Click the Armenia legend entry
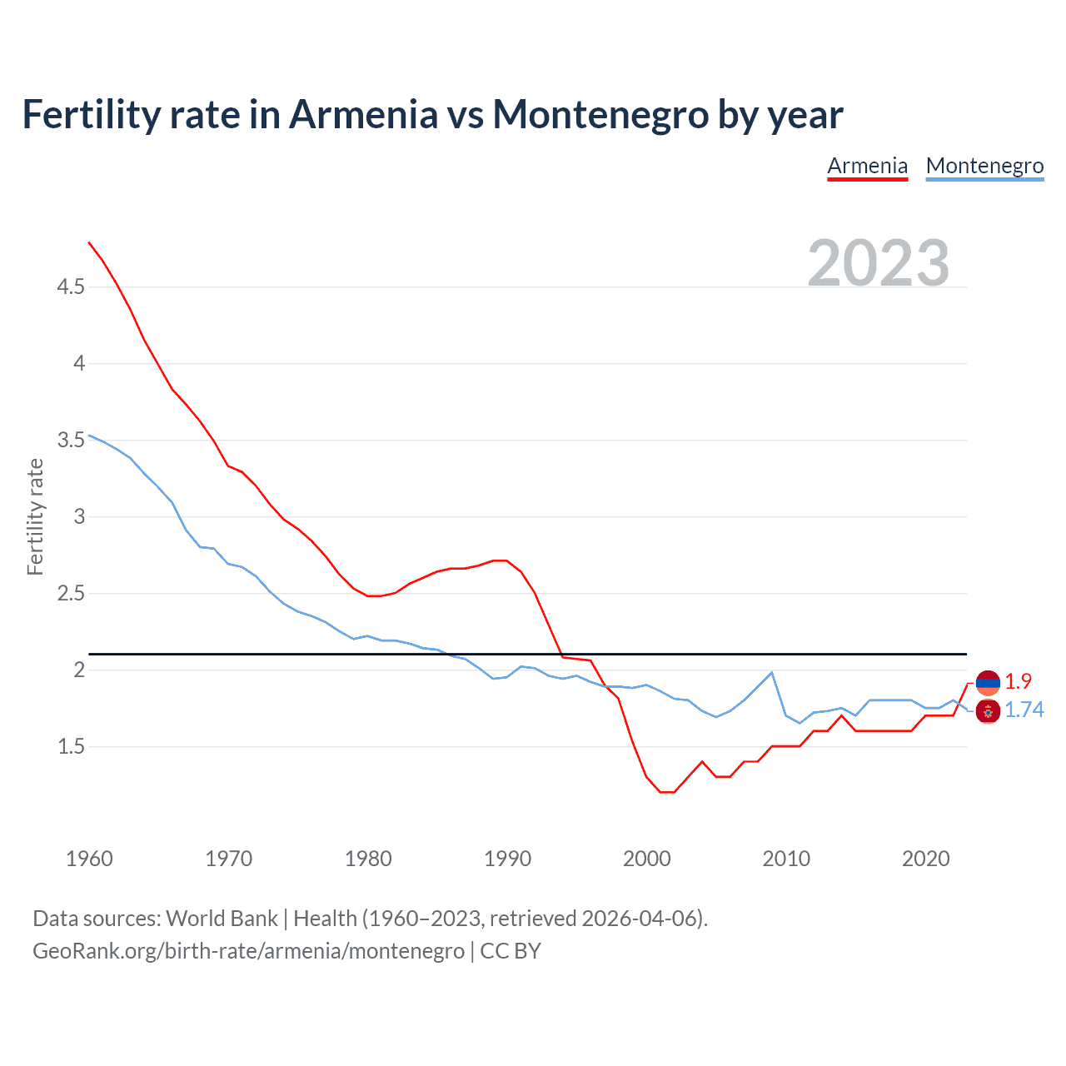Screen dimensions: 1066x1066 [x=867, y=166]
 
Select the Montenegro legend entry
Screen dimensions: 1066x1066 [x=984, y=166]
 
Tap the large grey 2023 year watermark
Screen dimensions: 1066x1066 [x=878, y=263]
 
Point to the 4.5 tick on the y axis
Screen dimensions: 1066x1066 [x=71, y=287]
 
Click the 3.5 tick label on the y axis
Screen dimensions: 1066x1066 [x=71, y=440]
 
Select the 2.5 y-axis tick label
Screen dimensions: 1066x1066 [x=71, y=594]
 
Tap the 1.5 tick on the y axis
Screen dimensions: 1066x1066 [x=71, y=747]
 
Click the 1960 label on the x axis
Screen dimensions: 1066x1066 [x=89, y=859]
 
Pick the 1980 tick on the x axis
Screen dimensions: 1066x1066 [x=368, y=859]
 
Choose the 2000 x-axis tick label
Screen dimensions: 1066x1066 [x=646, y=859]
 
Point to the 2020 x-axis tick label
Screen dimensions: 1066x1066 [x=925, y=859]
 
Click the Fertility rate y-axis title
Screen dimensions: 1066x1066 [x=35, y=516]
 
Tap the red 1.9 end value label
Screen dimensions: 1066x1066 [x=1018, y=681]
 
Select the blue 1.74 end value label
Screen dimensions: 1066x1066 [x=1024, y=710]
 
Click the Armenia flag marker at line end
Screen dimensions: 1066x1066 [x=988, y=683]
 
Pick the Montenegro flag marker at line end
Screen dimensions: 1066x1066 [x=988, y=711]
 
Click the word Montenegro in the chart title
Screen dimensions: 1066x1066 [x=600, y=114]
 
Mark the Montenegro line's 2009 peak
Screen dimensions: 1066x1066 [x=772, y=672]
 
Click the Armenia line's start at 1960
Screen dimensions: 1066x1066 [x=89, y=242]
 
